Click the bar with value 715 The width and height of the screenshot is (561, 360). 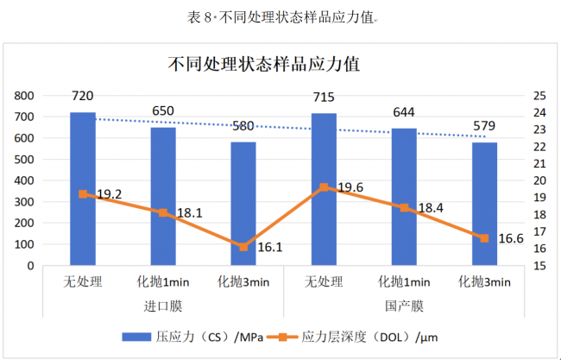pyautogui.click(x=324, y=189)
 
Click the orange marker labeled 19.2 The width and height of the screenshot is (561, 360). pyautogui.click(x=83, y=194)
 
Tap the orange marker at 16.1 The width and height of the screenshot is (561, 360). pyautogui.click(x=243, y=247)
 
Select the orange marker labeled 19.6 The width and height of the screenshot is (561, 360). pyautogui.click(x=324, y=187)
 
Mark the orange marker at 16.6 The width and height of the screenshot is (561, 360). pyautogui.click(x=484, y=238)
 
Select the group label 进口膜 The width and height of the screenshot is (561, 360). pyautogui.click(x=162, y=306)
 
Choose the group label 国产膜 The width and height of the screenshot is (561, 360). pyautogui.click(x=404, y=306)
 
